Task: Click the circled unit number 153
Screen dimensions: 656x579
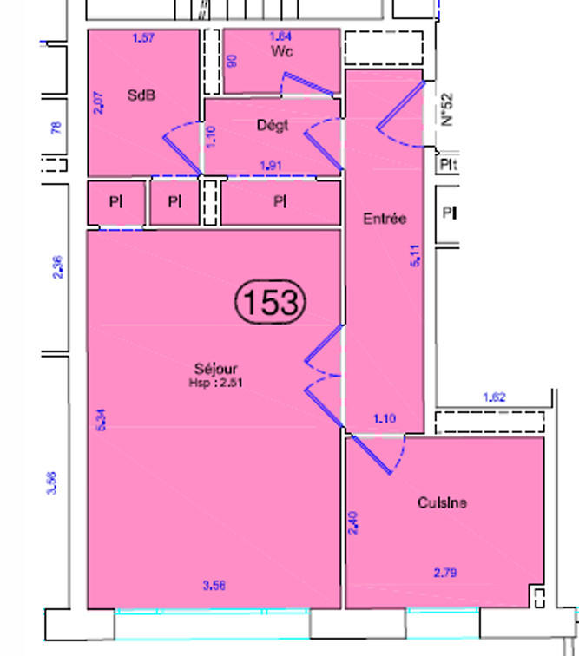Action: (270, 302)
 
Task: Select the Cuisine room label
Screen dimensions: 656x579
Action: (443, 502)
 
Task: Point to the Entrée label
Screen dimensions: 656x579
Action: (385, 220)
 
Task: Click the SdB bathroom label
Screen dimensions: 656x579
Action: (141, 95)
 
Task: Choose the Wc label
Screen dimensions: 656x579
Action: (282, 52)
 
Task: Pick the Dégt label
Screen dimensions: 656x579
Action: (273, 125)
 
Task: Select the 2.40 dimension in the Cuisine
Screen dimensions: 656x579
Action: (352, 521)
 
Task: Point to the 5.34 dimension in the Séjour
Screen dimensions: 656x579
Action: (101, 421)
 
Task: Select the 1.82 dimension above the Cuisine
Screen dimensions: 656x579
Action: (493, 398)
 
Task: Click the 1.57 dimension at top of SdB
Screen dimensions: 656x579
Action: (143, 37)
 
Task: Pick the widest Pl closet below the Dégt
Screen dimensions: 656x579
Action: (280, 202)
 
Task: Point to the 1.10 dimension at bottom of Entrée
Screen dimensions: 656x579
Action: (384, 419)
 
